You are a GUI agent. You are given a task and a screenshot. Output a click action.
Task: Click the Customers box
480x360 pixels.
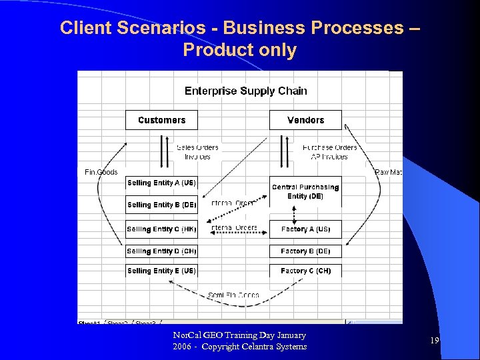pyautogui.click(x=161, y=120)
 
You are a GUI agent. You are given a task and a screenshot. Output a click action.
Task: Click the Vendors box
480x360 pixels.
pyautogui.click(x=305, y=120)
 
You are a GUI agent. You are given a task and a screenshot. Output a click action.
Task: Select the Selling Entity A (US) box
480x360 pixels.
pyautogui.click(x=161, y=183)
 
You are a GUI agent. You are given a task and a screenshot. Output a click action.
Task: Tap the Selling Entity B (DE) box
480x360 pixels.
pyautogui.click(x=161, y=205)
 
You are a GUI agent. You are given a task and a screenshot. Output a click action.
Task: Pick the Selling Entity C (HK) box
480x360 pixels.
pyautogui.click(x=161, y=229)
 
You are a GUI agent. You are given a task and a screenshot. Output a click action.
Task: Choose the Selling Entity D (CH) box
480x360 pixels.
pyautogui.click(x=161, y=251)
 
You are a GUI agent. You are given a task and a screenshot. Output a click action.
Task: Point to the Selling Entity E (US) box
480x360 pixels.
pyautogui.click(x=161, y=271)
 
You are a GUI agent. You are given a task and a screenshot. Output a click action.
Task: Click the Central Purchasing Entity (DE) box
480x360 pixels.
pyautogui.click(x=305, y=192)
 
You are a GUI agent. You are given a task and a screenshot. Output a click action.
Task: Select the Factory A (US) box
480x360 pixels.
pyautogui.click(x=305, y=229)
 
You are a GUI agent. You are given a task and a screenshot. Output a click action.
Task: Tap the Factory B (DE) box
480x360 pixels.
pyautogui.click(x=305, y=251)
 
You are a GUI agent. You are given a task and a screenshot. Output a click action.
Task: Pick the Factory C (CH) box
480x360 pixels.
pyautogui.click(x=305, y=271)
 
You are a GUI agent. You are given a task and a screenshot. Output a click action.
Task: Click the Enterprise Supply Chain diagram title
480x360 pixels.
pyautogui.click(x=246, y=91)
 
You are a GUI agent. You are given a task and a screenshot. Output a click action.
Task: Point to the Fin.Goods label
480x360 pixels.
pyautogui.click(x=101, y=172)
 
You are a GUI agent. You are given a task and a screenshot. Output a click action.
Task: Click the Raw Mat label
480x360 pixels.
pyautogui.click(x=389, y=172)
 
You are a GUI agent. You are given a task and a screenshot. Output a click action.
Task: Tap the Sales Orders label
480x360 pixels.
pyautogui.click(x=197, y=147)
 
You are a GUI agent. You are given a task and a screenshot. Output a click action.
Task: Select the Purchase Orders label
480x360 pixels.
pyautogui.click(x=329, y=147)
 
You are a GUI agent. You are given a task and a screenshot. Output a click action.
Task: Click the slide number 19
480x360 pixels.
pyautogui.click(x=435, y=341)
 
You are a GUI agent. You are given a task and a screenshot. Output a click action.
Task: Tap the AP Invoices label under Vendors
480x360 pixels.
pyautogui.click(x=329, y=157)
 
